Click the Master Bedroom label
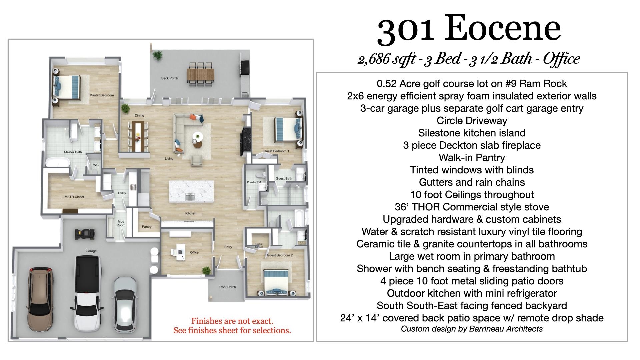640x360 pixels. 101,95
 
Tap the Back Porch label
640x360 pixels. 169,78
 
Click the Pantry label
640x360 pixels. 147,227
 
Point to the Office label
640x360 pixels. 194,252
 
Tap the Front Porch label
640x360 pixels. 227,287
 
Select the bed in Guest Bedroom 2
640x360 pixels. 276,281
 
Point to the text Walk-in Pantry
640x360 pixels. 471,158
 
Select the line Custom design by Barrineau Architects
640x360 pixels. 471,329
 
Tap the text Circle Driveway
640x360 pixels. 471,121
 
